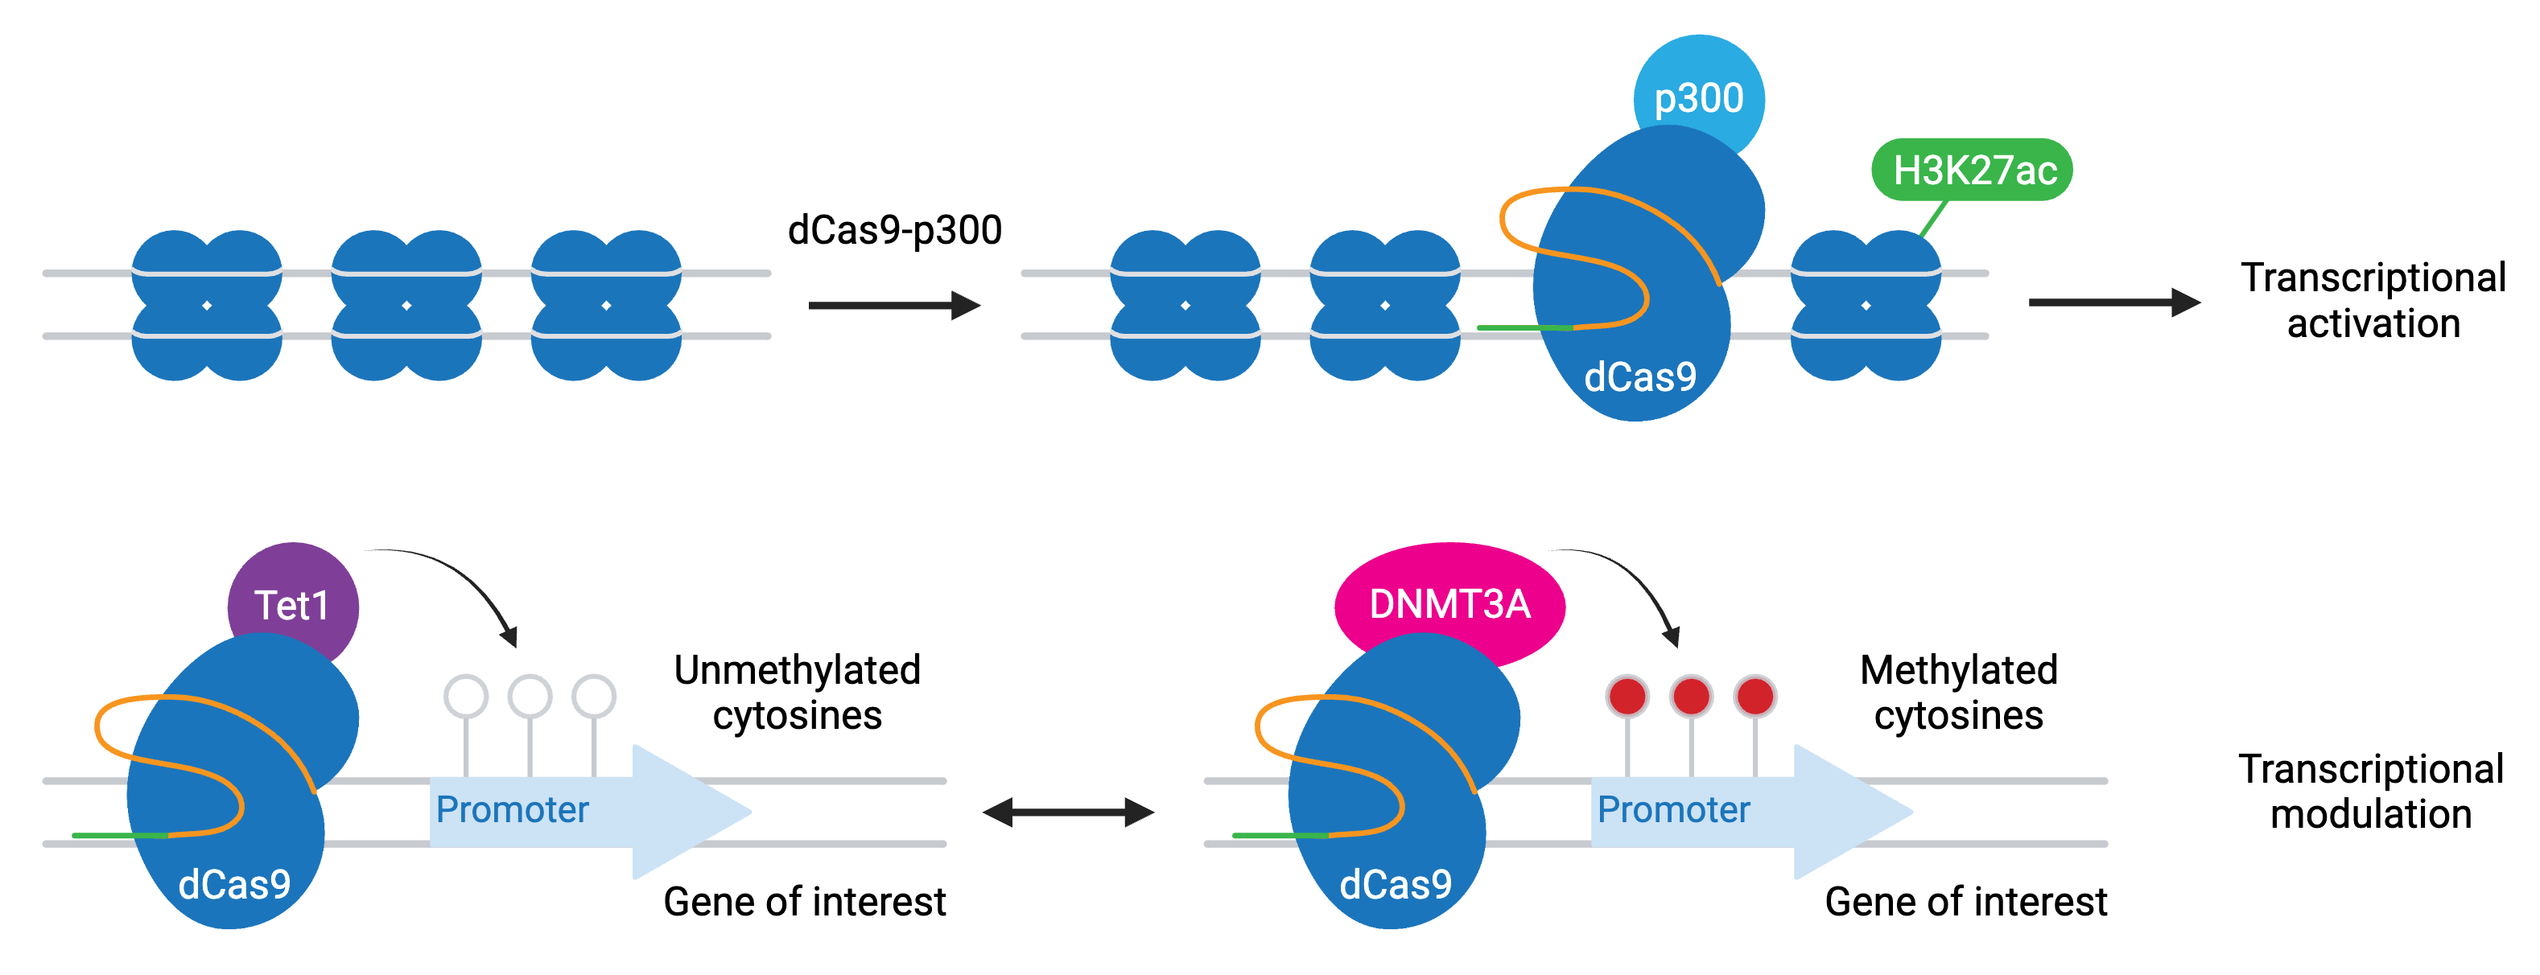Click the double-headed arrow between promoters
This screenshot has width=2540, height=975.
(1069, 812)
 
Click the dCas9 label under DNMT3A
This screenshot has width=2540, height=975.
(1396, 884)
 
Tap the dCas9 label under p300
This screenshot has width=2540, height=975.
(1639, 376)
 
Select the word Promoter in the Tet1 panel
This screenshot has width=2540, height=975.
(513, 809)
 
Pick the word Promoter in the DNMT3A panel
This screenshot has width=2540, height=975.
(1673, 809)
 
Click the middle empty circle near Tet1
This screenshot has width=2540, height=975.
(530, 696)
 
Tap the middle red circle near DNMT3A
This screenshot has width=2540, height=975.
(1691, 696)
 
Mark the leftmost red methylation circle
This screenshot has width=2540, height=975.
(1627, 696)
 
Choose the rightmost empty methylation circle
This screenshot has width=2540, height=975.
(594, 696)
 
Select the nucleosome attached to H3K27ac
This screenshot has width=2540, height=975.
(1866, 306)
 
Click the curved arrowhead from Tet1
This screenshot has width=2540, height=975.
(509, 636)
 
